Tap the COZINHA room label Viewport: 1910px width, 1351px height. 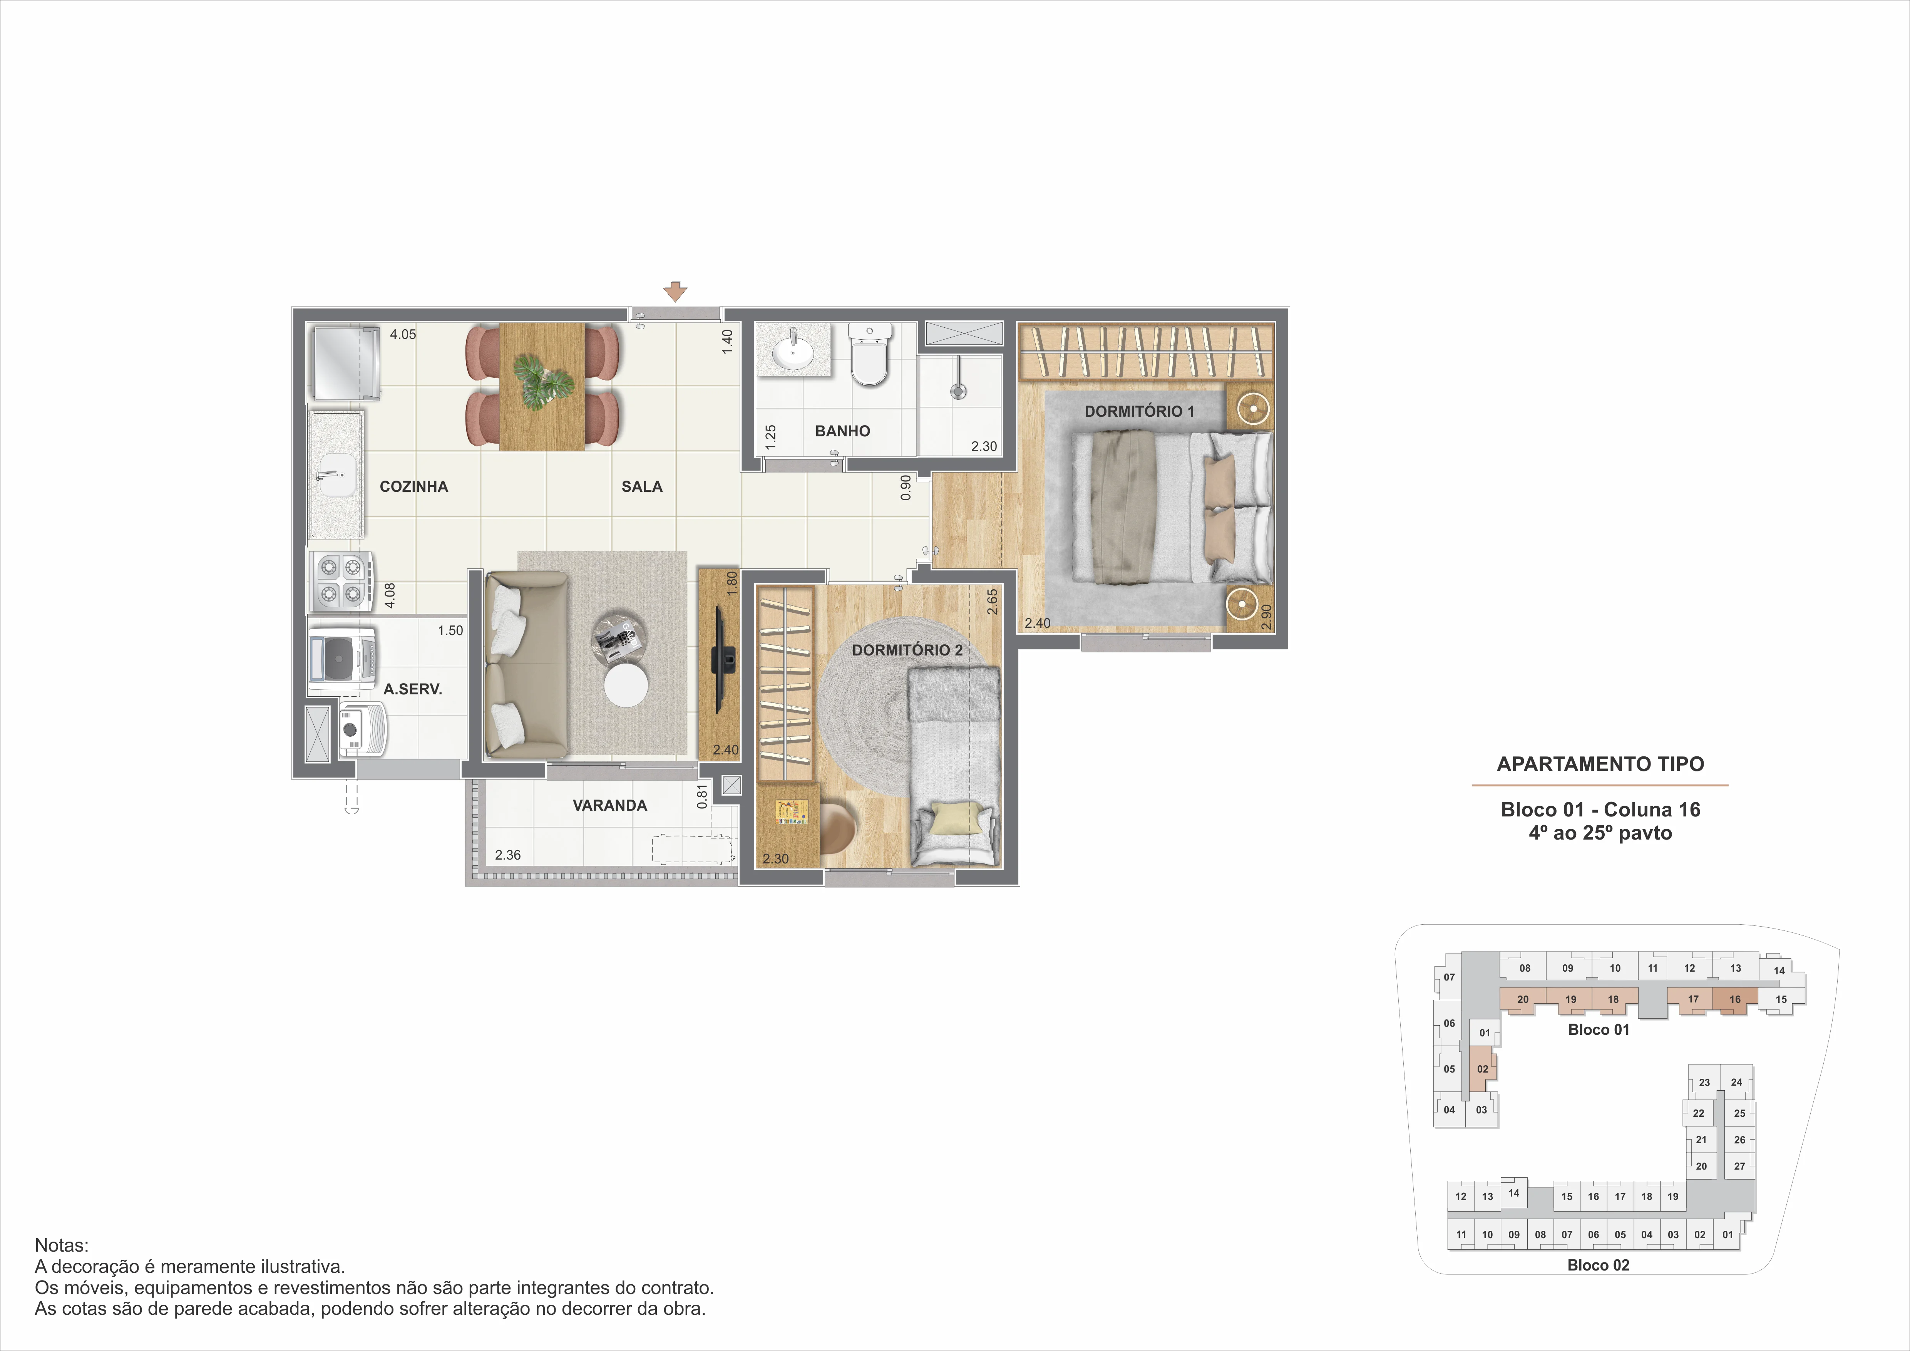point(413,487)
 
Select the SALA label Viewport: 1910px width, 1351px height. point(641,487)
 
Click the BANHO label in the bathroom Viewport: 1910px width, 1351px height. point(842,431)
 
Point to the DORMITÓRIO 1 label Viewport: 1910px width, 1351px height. point(1139,411)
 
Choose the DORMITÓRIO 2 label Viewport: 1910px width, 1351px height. point(907,650)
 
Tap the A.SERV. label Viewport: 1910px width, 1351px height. point(413,689)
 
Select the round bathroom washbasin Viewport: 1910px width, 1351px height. point(793,353)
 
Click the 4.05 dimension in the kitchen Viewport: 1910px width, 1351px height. point(403,334)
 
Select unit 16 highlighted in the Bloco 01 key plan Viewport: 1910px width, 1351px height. point(1734,999)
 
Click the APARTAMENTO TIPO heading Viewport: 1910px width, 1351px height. point(1600,764)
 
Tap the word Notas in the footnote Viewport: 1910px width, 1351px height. point(61,1245)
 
